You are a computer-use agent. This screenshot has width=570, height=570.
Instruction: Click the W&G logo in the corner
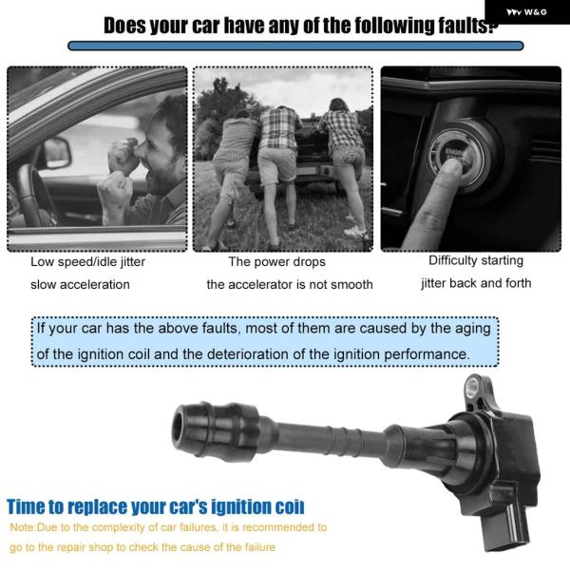[526, 12]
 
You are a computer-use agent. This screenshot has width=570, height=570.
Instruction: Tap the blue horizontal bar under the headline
[295, 46]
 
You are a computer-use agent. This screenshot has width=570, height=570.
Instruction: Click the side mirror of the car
[58, 153]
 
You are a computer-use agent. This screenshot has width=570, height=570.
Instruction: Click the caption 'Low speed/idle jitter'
[87, 262]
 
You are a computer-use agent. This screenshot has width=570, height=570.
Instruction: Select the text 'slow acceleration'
[80, 284]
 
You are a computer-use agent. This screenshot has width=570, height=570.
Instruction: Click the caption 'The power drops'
[276, 262]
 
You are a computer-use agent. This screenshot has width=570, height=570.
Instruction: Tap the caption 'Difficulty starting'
[476, 260]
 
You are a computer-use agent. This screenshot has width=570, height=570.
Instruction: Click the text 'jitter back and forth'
[476, 283]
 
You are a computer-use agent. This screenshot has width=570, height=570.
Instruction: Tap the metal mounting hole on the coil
[472, 387]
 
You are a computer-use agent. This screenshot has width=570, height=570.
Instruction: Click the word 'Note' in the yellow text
[22, 527]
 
